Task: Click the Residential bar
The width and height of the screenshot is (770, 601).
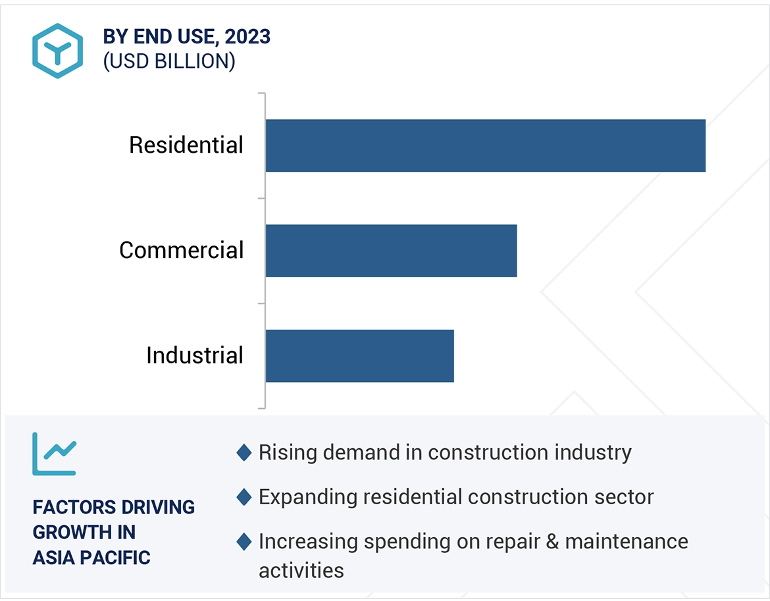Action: click(485, 145)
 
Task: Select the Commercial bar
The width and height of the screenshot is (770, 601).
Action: click(391, 250)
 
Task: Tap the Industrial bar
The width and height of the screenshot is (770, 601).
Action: click(359, 355)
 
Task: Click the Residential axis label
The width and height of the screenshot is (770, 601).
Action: click(186, 145)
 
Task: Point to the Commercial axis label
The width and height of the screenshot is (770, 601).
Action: click(182, 250)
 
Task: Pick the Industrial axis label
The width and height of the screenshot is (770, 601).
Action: click(195, 355)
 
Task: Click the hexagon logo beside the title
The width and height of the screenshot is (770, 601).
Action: click(57, 51)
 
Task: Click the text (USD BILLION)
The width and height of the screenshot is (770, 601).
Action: click(169, 61)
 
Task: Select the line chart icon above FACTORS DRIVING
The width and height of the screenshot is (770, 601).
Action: click(55, 454)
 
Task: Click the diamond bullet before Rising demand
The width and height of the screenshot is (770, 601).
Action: click(244, 453)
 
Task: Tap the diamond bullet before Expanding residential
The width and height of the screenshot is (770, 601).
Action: click(244, 497)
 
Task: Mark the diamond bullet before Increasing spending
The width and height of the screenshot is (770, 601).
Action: click(244, 542)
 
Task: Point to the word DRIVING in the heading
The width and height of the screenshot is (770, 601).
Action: click(157, 508)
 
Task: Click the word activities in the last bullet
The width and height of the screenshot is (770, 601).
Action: click(301, 570)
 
